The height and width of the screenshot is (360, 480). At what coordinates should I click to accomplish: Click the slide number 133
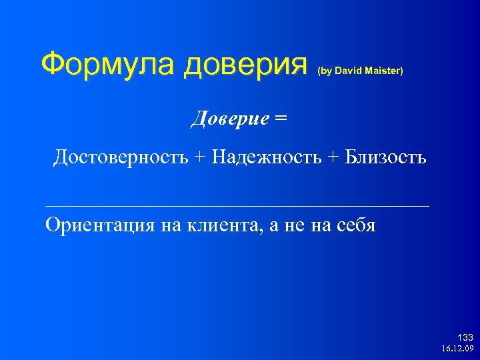[x=465, y=337]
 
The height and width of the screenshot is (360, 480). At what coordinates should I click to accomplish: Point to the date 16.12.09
[x=457, y=348]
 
